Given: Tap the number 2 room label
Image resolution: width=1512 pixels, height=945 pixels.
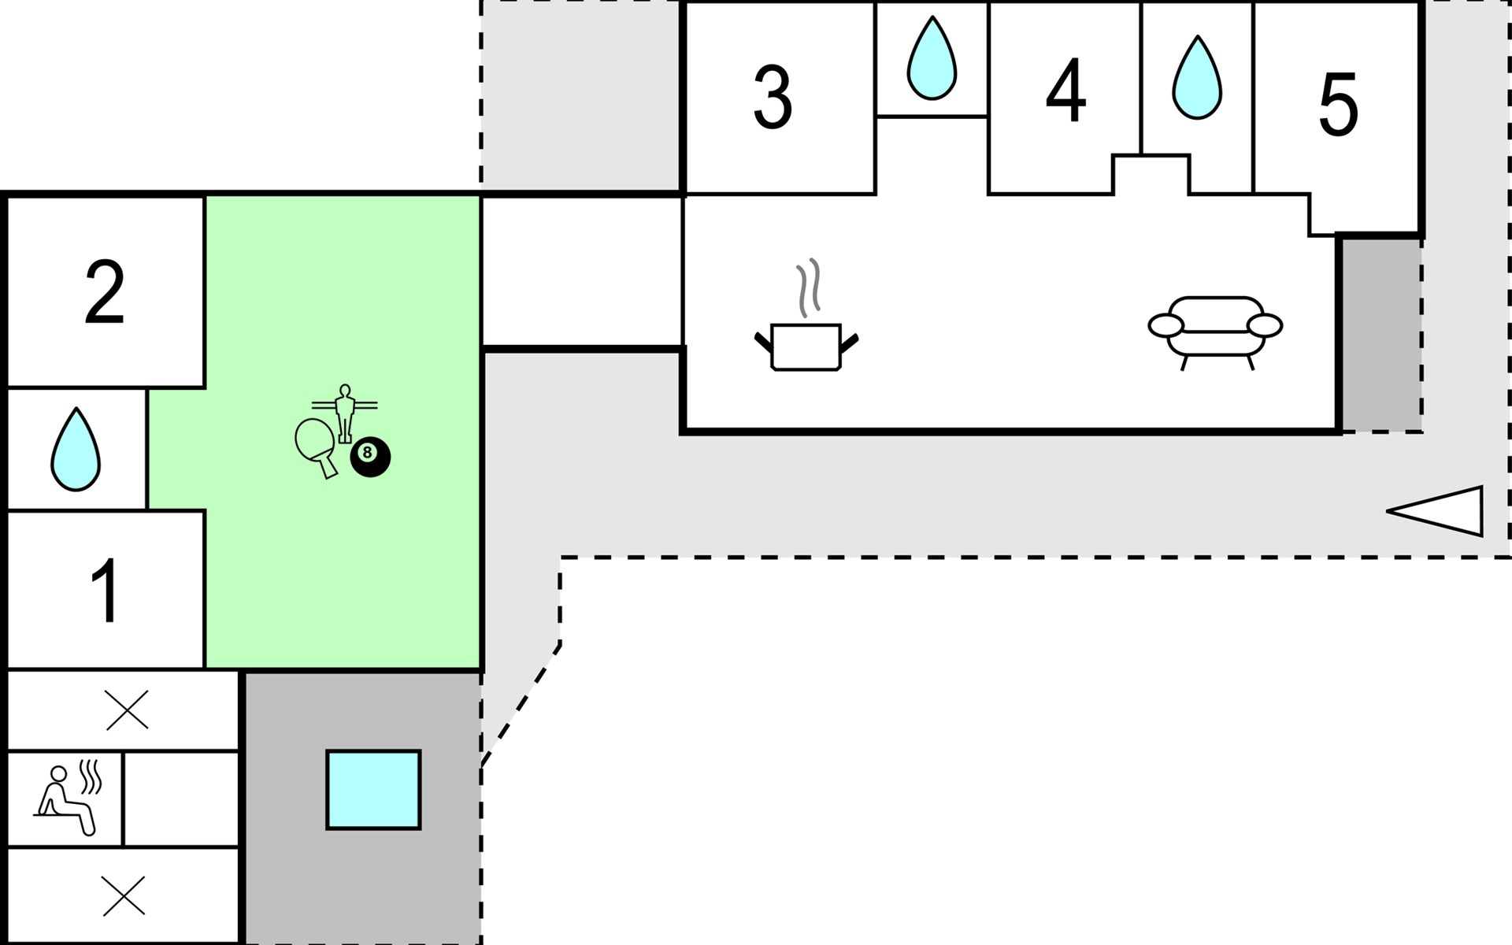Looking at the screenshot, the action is point(105,291).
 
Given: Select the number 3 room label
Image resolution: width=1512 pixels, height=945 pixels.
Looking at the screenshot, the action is point(773,97).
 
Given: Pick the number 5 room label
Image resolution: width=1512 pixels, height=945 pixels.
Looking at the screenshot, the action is point(1339,104).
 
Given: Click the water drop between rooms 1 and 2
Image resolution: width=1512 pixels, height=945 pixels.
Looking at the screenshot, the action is point(76,449).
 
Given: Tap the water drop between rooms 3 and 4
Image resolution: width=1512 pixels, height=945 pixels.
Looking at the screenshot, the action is point(932,58).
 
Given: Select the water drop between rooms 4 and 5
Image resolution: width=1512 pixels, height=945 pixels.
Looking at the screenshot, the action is point(1197,77).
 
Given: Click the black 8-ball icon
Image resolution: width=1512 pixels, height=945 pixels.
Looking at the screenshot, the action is point(370,457).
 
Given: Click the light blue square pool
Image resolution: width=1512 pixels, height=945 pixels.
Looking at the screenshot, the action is point(373,790).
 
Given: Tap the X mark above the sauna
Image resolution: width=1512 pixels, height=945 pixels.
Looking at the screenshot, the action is point(127,710).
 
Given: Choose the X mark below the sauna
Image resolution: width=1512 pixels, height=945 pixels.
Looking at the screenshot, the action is point(124,895).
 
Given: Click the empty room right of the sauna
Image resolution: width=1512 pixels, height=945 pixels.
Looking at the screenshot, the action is point(181,799).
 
